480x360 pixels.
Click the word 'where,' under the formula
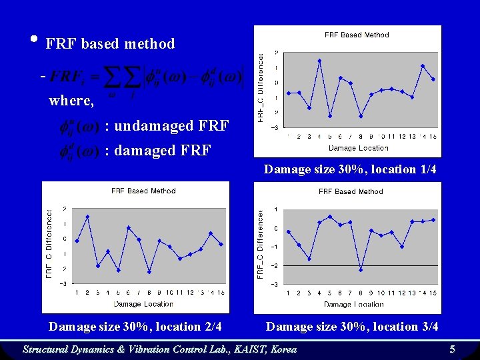click(71, 101)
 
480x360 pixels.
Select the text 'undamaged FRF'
click(172, 125)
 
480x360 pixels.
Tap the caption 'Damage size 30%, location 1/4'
click(350, 169)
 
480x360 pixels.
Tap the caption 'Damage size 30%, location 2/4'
click(135, 327)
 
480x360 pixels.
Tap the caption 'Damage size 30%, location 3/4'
click(352, 327)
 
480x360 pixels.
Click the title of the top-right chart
click(357, 35)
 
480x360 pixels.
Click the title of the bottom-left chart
click(143, 191)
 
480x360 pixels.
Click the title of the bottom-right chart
click(351, 191)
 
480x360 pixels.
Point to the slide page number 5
click(452, 349)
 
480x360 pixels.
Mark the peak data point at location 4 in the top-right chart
click(319, 61)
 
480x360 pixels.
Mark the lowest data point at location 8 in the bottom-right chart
click(361, 270)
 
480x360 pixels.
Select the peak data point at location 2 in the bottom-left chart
click(87, 217)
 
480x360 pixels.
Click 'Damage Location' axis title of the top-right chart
click(358, 148)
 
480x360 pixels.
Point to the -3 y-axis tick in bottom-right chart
click(275, 284)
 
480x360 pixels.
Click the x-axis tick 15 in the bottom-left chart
click(221, 292)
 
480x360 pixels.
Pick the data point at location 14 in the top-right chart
click(423, 66)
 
